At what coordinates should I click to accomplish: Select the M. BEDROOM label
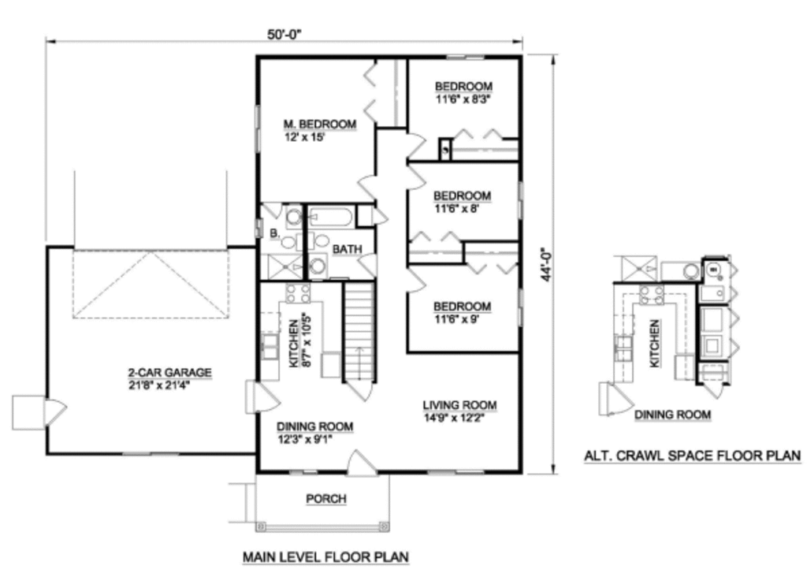(320, 124)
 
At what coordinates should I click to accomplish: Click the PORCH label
(326, 498)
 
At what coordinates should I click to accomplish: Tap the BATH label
(347, 249)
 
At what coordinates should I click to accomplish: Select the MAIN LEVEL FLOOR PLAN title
(325, 557)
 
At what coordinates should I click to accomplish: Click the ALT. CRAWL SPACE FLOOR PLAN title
(692, 455)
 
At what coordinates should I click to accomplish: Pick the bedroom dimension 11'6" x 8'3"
(463, 99)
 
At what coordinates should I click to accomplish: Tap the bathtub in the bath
(331, 216)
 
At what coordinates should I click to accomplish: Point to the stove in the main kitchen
(298, 293)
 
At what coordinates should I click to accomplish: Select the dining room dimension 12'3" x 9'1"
(304, 440)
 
